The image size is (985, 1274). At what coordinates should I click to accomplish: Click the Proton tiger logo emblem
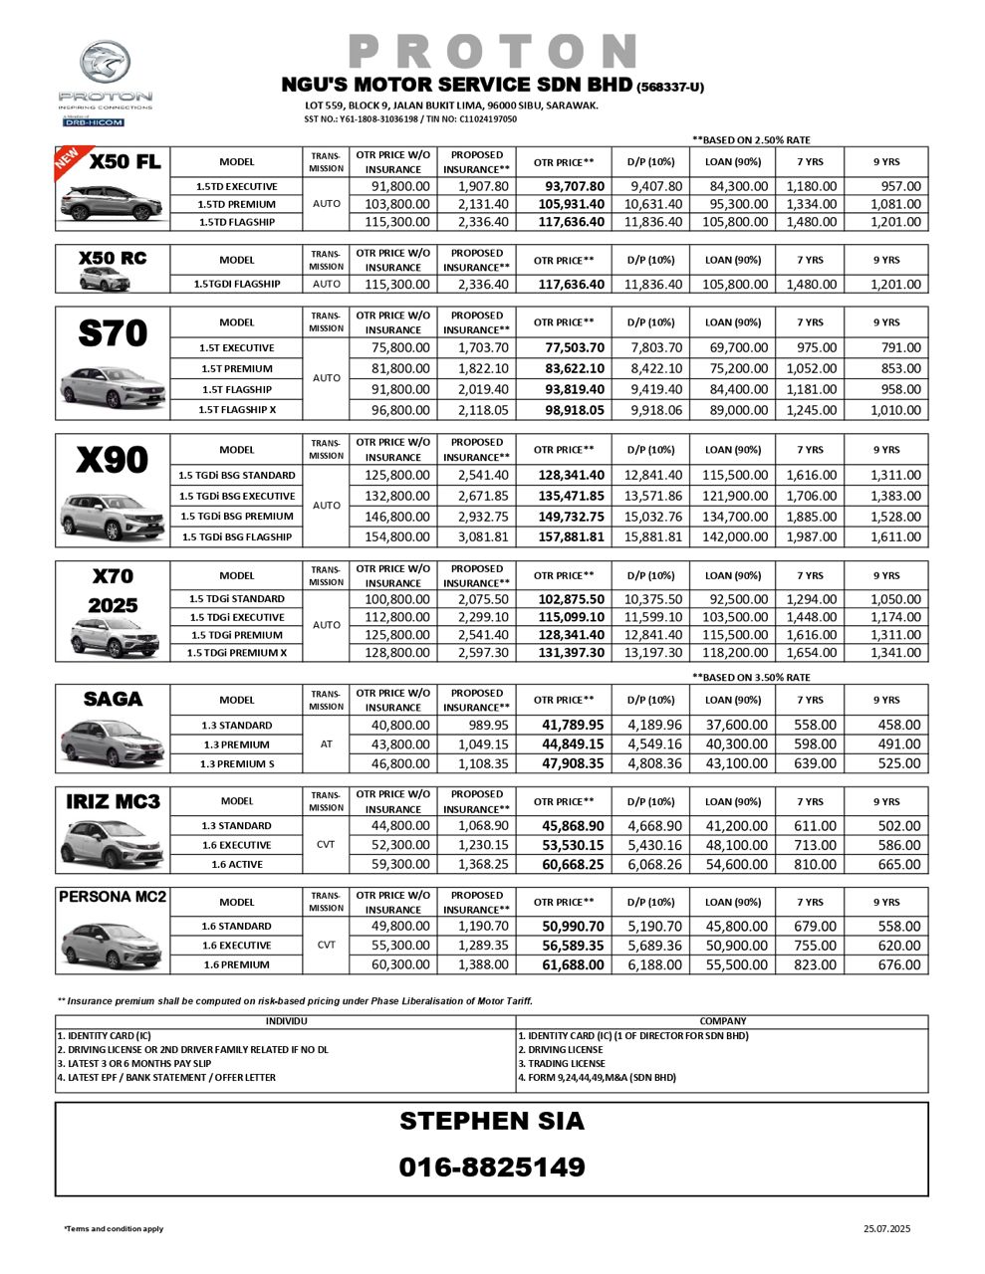[x=104, y=65]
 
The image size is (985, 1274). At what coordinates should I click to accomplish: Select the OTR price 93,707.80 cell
[x=569, y=186]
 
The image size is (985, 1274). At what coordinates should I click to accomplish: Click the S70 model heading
[x=113, y=334]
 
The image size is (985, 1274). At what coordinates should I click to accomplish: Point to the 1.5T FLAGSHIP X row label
[x=236, y=410]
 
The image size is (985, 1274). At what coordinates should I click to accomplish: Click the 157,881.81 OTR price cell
[x=569, y=537]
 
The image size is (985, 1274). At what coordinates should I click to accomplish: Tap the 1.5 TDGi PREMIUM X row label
[x=236, y=653]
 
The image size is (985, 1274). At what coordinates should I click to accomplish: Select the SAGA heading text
[x=113, y=700]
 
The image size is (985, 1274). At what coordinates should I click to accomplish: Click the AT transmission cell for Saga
[x=326, y=744]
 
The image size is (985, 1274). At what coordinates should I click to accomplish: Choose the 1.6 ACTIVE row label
[x=236, y=865]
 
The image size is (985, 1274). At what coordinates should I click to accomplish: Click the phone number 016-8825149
[x=492, y=1167]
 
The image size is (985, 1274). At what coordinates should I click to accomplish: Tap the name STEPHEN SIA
[x=492, y=1121]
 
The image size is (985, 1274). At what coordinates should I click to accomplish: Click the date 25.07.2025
[x=886, y=1229]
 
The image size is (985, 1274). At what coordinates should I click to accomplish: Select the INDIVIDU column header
[x=287, y=1021]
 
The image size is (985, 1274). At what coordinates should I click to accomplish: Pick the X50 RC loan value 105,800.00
[x=735, y=285]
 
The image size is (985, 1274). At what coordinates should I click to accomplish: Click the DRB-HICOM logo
[x=93, y=122]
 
